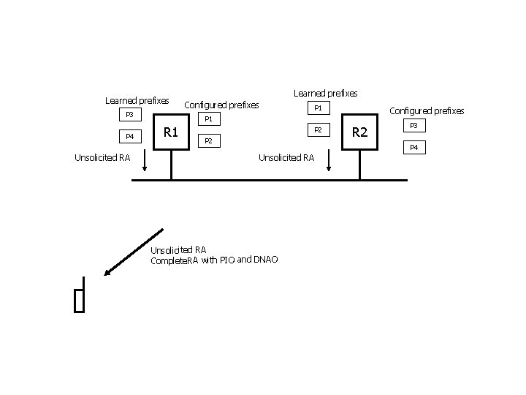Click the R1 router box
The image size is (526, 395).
171,132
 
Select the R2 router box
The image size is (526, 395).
359,132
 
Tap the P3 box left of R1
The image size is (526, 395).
130,114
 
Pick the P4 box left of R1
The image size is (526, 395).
130,136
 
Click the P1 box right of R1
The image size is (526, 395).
207,118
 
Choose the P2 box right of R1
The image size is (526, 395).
207,140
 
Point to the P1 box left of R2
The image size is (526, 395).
317,108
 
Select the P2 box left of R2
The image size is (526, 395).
317,129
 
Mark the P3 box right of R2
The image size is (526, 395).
413,126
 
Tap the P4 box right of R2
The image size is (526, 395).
413,148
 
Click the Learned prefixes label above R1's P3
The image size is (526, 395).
137,100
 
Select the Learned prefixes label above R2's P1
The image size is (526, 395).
325,93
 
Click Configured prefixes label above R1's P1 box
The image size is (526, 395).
221,105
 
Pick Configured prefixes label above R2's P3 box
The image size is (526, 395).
427,111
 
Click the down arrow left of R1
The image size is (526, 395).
145,160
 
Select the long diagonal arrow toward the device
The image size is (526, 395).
133,252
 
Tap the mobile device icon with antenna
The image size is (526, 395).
80,296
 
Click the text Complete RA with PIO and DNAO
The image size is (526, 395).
213,260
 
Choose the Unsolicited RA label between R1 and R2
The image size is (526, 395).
286,157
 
